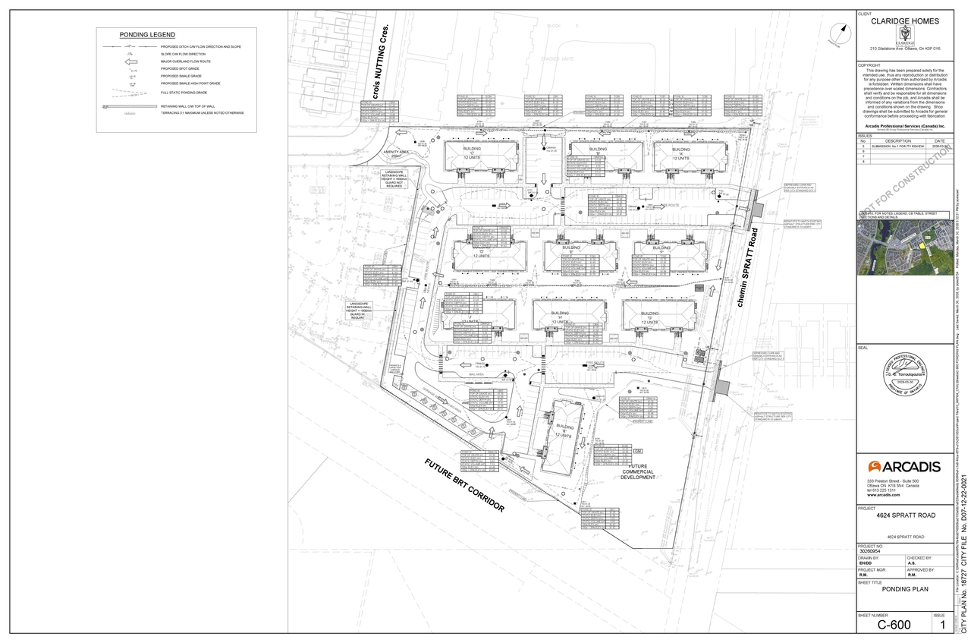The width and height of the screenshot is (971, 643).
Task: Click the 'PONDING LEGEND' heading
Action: tap(147, 35)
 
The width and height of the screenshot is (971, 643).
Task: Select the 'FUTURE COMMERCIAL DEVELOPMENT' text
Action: tap(637, 471)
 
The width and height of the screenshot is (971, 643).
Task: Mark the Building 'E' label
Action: tap(571, 248)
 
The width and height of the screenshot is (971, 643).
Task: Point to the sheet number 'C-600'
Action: tap(894, 625)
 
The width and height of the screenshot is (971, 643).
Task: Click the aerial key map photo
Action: tap(903, 250)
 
